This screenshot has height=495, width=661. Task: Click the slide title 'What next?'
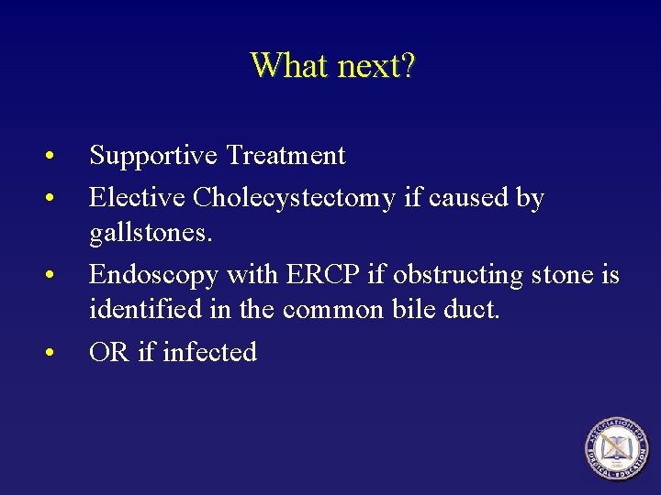(x=332, y=66)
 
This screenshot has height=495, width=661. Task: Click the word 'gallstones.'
(x=151, y=234)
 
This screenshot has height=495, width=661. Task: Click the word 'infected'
(x=209, y=352)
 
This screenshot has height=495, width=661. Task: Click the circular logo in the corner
(x=616, y=447)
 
